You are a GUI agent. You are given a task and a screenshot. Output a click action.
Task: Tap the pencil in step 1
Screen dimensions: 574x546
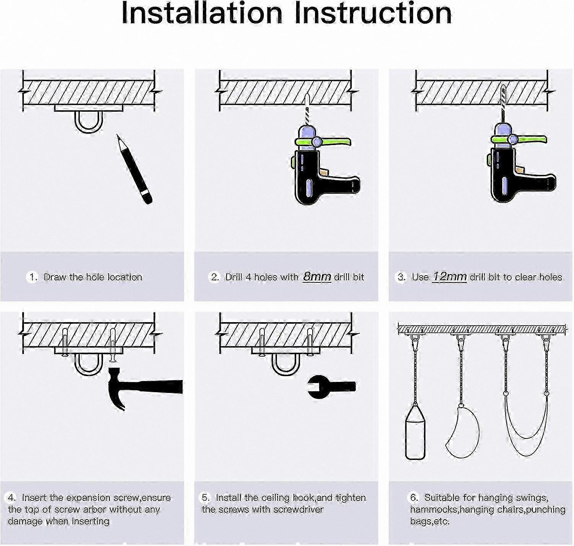[x=134, y=169]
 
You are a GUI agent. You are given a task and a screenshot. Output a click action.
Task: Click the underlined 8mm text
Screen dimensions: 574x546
[x=317, y=276]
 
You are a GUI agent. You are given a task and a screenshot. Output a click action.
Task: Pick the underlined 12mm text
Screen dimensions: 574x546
[x=450, y=276]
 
